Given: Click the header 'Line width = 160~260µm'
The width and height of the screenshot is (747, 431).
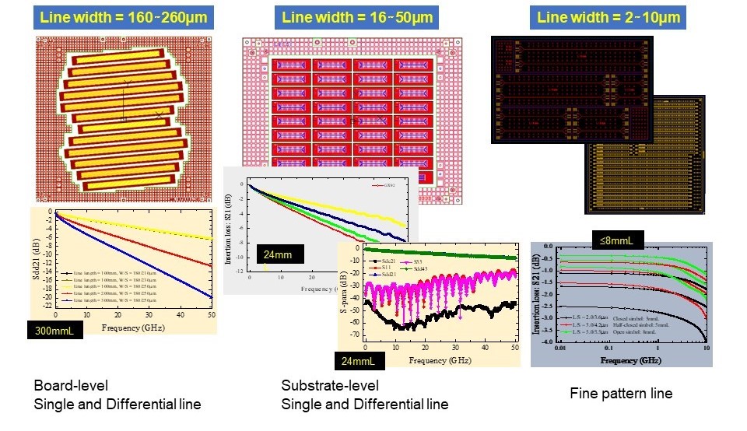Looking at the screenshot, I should (x=124, y=16).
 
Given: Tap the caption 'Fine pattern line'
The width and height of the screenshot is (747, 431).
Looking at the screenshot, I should (x=620, y=394).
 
